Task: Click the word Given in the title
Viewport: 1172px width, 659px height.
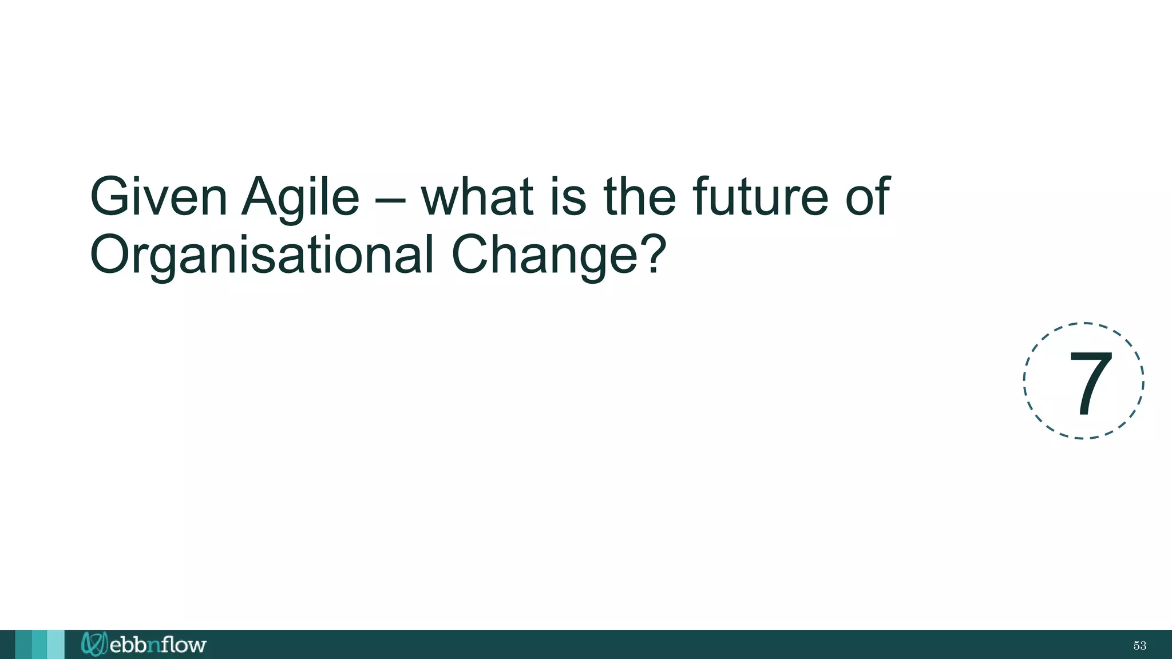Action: click(x=159, y=197)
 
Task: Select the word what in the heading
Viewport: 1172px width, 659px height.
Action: click(x=477, y=197)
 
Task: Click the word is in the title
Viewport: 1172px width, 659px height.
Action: click(x=568, y=197)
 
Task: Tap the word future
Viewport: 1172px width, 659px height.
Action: click(x=761, y=197)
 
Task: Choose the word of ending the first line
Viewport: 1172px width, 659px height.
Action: click(x=868, y=197)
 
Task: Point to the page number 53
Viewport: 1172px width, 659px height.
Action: click(x=1139, y=646)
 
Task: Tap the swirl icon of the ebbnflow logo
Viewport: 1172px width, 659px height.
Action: click(x=94, y=644)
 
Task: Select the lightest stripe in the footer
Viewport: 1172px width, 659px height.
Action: click(x=56, y=645)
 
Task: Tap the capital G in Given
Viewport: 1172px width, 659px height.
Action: click(x=111, y=197)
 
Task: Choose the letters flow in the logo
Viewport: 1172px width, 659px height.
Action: click(x=183, y=645)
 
